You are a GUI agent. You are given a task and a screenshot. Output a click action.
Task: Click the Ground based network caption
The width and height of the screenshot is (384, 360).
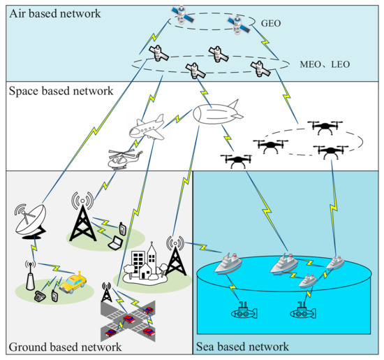click(65, 347)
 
